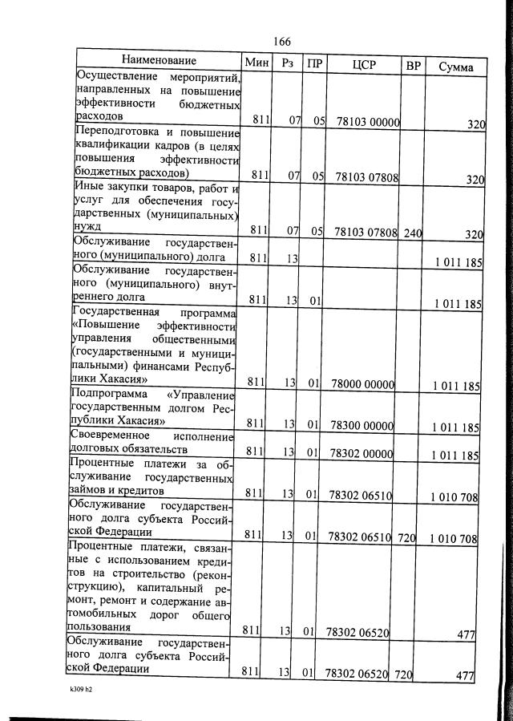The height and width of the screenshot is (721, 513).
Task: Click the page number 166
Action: point(281,42)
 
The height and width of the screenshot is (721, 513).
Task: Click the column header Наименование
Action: point(159,61)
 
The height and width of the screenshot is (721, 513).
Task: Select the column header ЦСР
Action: point(363,64)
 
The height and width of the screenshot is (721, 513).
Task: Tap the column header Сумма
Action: point(455,67)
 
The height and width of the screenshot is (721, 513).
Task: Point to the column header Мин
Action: point(257,63)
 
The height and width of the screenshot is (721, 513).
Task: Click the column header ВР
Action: point(413,66)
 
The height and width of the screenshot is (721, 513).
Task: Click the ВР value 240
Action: point(413,233)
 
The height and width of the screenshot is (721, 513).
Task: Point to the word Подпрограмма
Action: point(111,395)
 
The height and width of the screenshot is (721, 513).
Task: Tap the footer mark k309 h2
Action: point(82,688)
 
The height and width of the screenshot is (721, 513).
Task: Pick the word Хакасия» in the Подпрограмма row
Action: point(142,420)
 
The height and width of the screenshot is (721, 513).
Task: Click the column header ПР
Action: point(314,63)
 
